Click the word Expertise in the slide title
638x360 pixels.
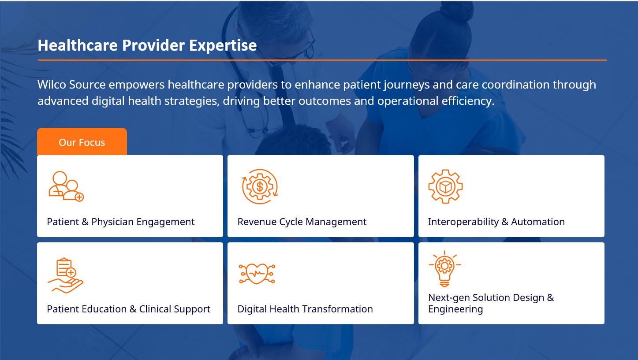click(223, 45)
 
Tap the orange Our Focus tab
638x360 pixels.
click(82, 141)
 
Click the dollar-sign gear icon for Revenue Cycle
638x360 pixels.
click(260, 186)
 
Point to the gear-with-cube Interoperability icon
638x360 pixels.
click(445, 186)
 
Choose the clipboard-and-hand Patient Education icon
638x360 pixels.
click(66, 275)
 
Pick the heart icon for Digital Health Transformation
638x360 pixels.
click(257, 274)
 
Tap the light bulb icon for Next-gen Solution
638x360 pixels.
click(444, 269)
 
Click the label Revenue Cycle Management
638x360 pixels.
click(302, 222)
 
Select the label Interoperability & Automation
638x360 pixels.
click(496, 222)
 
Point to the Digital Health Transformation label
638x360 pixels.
click(305, 309)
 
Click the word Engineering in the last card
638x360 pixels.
click(455, 309)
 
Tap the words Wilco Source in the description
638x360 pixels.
click(71, 85)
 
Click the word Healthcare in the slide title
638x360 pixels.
click(78, 45)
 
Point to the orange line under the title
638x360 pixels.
click(322, 60)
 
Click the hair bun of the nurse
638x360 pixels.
click(456, 11)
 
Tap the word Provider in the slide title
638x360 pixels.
click(153, 45)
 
